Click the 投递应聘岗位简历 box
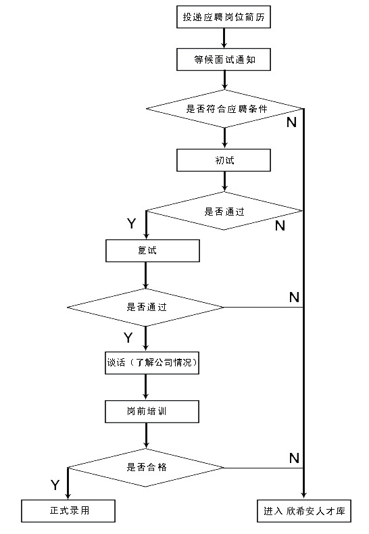click(225, 18)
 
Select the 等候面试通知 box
click(225, 59)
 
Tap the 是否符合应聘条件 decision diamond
click(225, 108)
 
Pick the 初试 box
click(225, 160)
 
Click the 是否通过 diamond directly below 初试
click(225, 210)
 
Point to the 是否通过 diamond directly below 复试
click(146, 307)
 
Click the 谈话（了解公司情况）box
click(152, 363)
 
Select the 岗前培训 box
click(152, 410)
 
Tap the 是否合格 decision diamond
click(146, 467)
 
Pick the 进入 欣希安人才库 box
click(304, 510)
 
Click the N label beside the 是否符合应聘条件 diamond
click(291, 122)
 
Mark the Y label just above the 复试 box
click(131, 223)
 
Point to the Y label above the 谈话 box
click(128, 337)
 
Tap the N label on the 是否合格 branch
click(294, 458)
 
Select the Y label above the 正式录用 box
click(55, 485)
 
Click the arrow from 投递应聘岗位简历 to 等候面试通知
click(225, 39)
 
